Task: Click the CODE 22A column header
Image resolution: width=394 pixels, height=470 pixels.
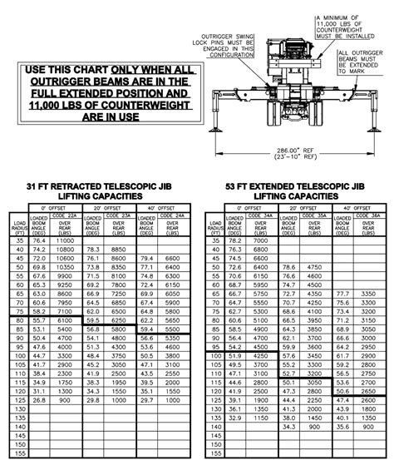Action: (x=66, y=215)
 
